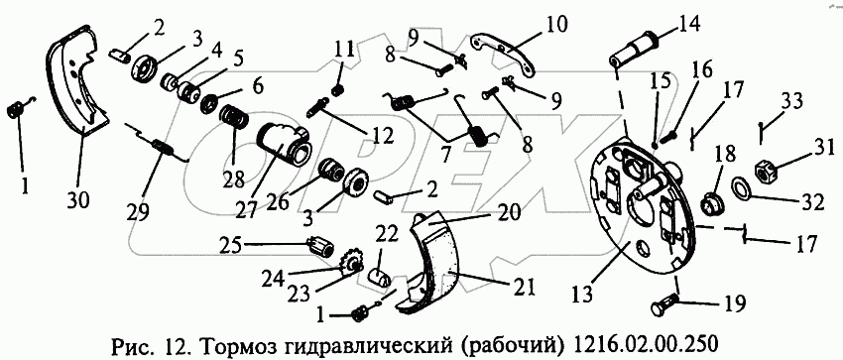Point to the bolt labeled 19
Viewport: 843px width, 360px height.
[666, 308]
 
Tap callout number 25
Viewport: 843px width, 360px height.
[234, 246]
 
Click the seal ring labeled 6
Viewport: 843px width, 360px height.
[209, 104]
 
